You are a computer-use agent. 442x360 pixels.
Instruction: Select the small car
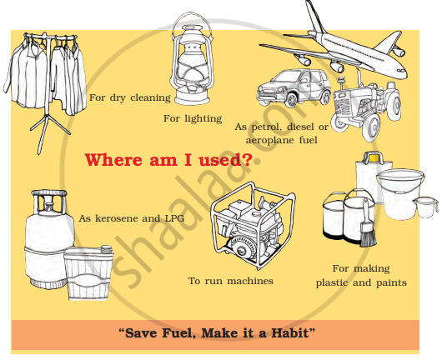294,88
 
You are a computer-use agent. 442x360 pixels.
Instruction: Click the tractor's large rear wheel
371,127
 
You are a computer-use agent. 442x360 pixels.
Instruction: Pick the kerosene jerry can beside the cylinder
88,272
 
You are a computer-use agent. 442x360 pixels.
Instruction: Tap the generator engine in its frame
252,224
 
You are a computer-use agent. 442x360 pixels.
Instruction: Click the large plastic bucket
399,194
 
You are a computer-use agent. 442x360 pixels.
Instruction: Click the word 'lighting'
203,119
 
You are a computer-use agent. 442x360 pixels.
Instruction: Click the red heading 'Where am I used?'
168,160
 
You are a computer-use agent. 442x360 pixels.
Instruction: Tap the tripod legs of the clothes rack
49,132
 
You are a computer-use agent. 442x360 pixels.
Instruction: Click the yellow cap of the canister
374,157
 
